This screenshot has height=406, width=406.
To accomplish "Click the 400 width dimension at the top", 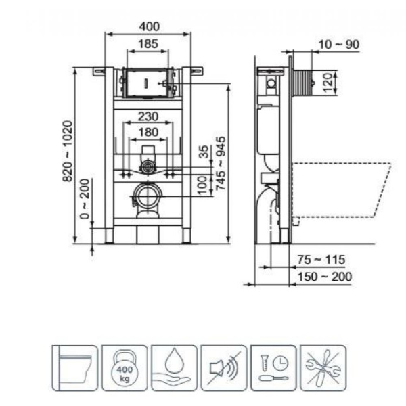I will (149, 26).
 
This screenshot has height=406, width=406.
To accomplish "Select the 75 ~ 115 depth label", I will (321, 259).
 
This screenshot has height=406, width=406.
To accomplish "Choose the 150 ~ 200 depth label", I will (326, 276).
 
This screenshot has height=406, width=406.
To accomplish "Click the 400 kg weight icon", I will (123, 367).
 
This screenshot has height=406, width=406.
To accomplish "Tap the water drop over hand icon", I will (174, 367).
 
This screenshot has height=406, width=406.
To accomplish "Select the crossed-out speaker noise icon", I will (224, 367).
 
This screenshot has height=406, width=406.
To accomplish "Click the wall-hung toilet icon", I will (74, 367).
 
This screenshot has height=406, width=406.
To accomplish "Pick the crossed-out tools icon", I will (323, 367).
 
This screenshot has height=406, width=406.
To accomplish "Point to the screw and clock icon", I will (273, 367).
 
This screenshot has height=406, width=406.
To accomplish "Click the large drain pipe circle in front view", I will (148, 196).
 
